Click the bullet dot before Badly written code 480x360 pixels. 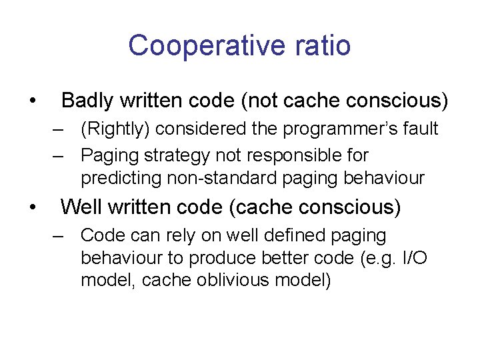[x=32, y=101]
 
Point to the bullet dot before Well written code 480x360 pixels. [x=32, y=208]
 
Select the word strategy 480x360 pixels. [x=163, y=155]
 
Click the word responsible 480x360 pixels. [x=293, y=155]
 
